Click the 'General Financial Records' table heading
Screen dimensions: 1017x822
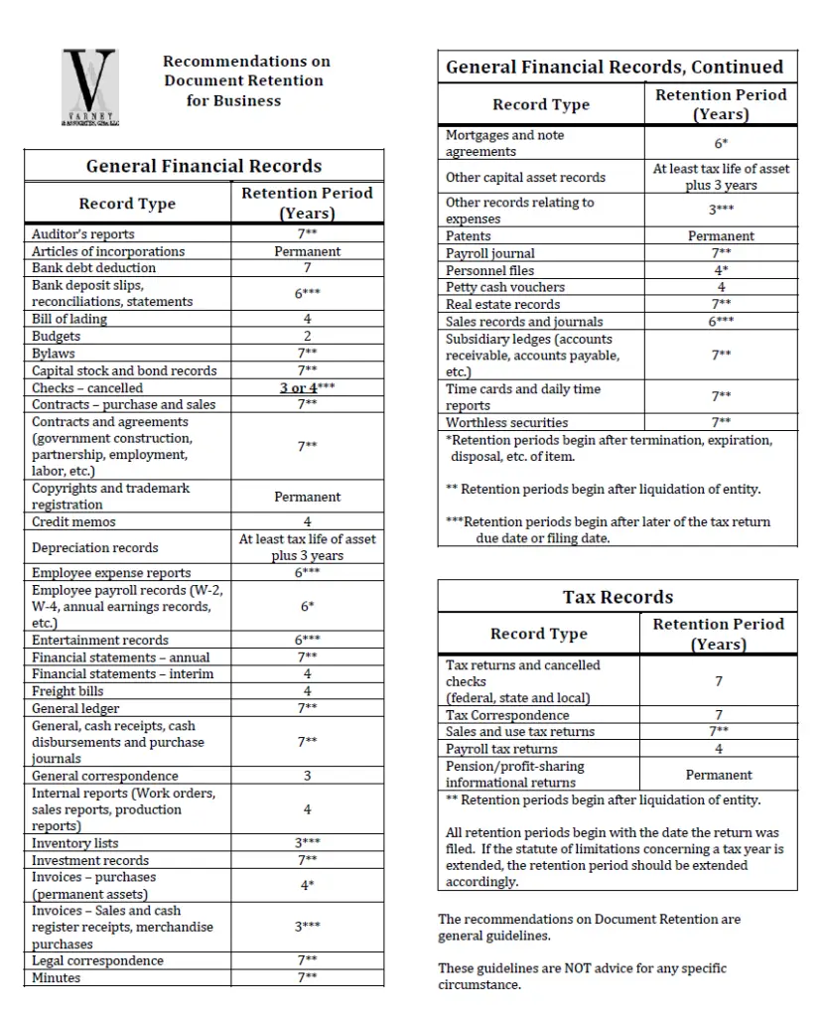pyautogui.click(x=204, y=166)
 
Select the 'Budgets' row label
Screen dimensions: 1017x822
pyautogui.click(x=56, y=337)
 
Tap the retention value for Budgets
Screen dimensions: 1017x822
pyautogui.click(x=307, y=337)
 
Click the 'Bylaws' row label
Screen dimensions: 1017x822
pyautogui.click(x=54, y=354)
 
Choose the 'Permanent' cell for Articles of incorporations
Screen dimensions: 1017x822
pyautogui.click(x=307, y=251)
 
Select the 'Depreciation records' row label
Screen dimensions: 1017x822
pyautogui.click(x=94, y=547)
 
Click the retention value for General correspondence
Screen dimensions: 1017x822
pyautogui.click(x=307, y=776)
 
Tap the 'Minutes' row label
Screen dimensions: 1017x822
pyautogui.click(x=57, y=977)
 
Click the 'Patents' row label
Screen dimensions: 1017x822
pyautogui.click(x=468, y=236)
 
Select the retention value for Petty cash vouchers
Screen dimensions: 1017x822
pyautogui.click(x=721, y=287)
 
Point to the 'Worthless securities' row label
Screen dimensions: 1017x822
pyautogui.click(x=506, y=422)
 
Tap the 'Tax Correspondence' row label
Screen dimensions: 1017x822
pyautogui.click(x=507, y=715)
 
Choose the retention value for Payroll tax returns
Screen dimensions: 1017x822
pyautogui.click(x=719, y=749)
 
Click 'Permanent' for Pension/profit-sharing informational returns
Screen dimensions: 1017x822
pyautogui.click(x=719, y=775)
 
